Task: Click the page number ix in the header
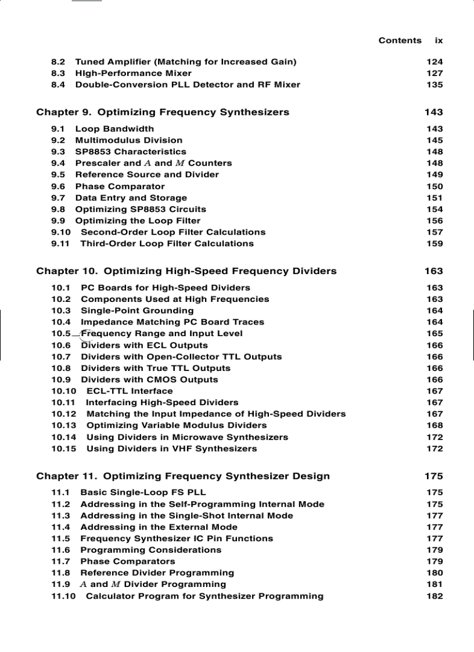439,41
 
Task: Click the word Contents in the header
400,41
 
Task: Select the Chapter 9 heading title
163,112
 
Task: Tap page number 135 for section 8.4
434,85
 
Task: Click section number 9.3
58,152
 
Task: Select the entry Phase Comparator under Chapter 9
120,186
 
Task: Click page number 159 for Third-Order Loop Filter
434,244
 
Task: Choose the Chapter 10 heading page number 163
433,271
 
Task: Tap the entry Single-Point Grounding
137,311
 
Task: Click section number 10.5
61,334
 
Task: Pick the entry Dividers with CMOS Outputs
149,380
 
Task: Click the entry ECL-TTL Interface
129,391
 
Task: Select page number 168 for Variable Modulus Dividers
434,426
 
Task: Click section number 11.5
60,539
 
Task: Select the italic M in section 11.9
115,585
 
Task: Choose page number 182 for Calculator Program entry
434,596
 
